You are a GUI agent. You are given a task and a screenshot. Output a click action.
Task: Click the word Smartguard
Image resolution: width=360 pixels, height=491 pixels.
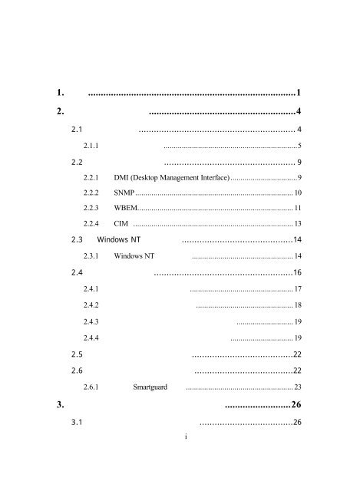click(x=150, y=387)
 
